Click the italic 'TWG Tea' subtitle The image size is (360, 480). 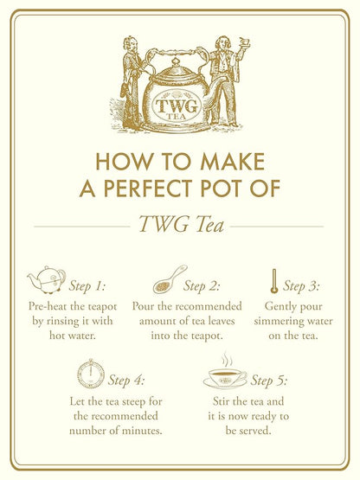[179, 226]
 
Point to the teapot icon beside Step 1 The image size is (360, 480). [47, 279]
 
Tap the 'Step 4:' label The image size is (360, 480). [125, 380]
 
